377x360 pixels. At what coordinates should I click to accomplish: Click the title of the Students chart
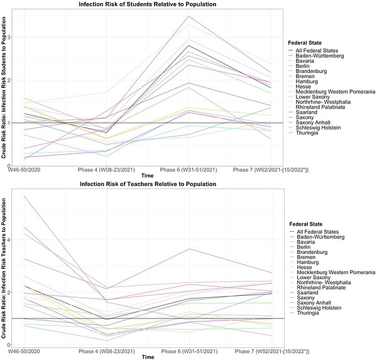148,4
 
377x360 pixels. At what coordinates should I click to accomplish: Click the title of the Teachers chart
148,184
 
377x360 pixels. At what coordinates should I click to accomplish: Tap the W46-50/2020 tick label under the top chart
27,170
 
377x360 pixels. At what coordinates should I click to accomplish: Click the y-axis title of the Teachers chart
3,270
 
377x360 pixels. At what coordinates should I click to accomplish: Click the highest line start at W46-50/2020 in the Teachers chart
23,195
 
